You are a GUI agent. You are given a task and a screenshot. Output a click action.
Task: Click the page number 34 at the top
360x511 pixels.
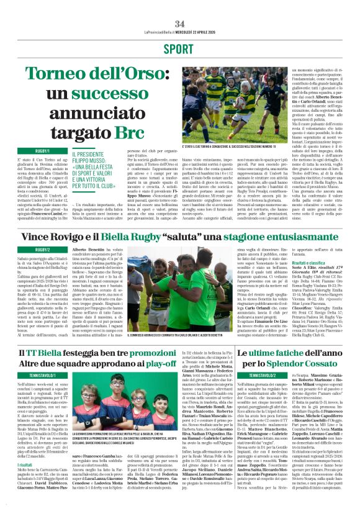click(x=179, y=7)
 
